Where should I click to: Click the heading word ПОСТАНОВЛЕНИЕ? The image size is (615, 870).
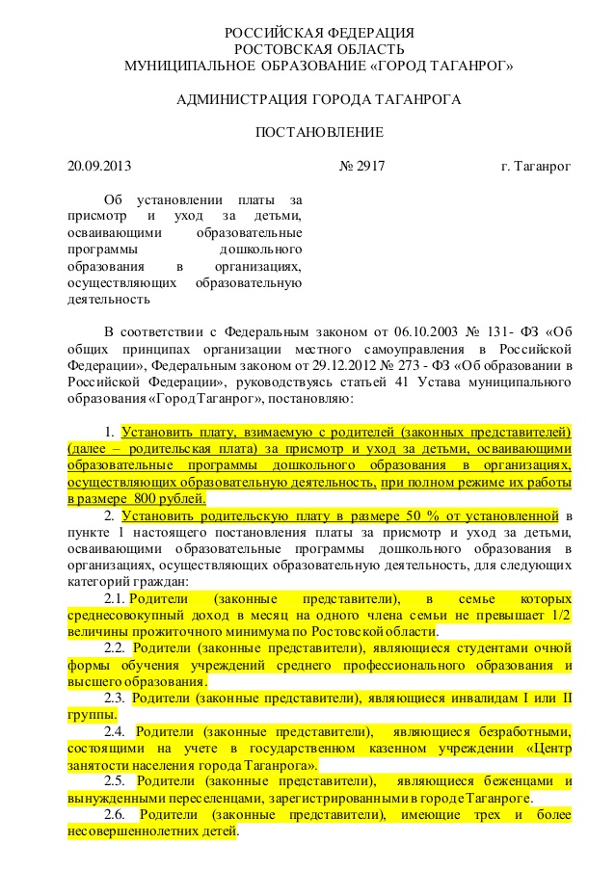[319, 132]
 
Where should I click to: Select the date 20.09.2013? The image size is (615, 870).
[99, 167]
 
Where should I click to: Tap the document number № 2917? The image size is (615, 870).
[362, 167]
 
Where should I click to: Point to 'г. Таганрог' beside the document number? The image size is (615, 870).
[536, 167]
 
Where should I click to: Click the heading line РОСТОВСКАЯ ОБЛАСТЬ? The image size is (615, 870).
[319, 49]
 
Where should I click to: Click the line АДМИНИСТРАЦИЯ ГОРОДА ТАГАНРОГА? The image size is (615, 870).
[319, 99]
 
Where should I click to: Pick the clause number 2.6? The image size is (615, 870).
[116, 814]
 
